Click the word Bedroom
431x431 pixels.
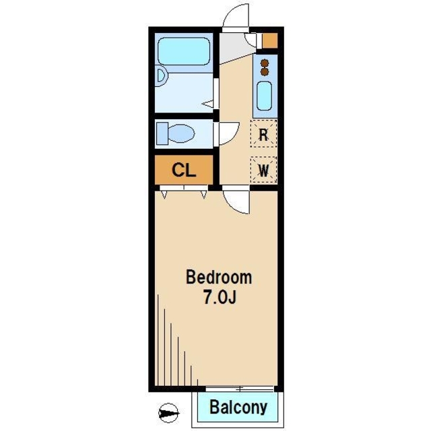[x=219, y=277]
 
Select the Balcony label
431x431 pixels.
[x=238, y=407]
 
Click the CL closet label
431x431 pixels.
[x=184, y=170]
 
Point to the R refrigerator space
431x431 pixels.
[x=263, y=134]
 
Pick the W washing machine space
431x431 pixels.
[x=263, y=170]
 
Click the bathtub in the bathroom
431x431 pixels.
[x=184, y=51]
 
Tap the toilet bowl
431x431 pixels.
[x=181, y=133]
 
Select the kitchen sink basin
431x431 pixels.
[x=265, y=96]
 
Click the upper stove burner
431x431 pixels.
[x=265, y=63]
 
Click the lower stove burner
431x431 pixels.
[x=265, y=71]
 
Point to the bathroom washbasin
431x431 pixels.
[x=162, y=76]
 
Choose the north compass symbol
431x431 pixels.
[x=168, y=413]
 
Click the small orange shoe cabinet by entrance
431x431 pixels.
[x=269, y=40]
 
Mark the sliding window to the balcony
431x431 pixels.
[x=240, y=389]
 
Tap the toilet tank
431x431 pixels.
[x=162, y=133]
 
